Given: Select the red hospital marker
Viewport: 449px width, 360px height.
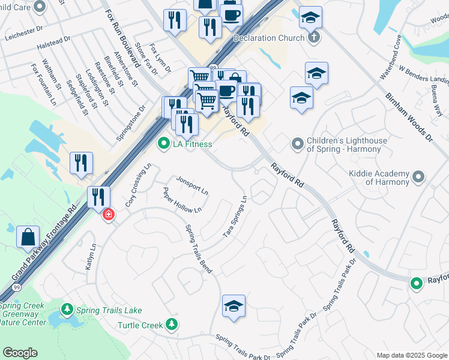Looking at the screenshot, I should pos(109,214).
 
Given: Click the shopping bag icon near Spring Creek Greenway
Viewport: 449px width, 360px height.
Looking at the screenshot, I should pos(28,237).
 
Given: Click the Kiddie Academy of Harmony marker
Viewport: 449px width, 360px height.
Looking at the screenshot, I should pos(418,177).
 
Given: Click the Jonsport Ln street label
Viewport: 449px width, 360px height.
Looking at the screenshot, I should pos(192,185).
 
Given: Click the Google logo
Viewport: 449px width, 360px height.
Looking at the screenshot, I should pos(20,353).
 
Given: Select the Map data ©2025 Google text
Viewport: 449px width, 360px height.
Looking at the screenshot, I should pos(412,355).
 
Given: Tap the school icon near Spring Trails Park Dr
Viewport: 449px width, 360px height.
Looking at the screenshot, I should pos(234,306).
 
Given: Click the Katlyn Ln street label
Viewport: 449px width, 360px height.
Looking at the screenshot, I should pos(90,256).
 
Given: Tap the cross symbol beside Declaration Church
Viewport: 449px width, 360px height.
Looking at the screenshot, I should pos(313,38).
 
